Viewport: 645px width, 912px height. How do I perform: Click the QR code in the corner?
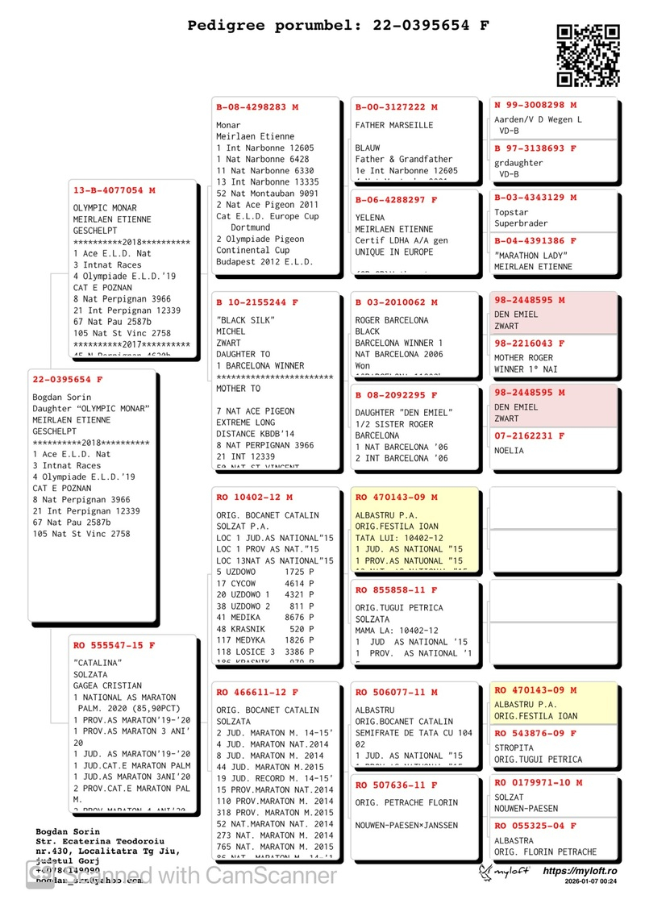(x=589, y=55)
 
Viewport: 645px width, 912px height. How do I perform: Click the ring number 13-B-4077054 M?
(x=114, y=190)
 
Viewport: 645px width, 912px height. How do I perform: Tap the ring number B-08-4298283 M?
(x=257, y=106)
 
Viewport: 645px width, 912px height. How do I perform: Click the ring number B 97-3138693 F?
(x=535, y=148)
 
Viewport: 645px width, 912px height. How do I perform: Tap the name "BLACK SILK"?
(x=243, y=320)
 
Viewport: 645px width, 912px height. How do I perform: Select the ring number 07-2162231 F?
(x=530, y=436)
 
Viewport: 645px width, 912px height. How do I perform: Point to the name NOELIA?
(x=509, y=451)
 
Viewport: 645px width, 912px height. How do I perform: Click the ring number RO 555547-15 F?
(x=114, y=645)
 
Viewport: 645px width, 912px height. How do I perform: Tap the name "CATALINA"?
(x=98, y=663)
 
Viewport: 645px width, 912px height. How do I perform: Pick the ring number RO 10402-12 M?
(x=255, y=498)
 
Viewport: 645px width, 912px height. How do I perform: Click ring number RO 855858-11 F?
(x=397, y=590)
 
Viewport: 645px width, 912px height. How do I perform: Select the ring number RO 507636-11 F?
(x=397, y=785)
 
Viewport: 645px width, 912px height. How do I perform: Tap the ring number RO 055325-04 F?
(x=535, y=826)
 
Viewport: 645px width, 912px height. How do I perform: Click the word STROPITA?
(x=514, y=748)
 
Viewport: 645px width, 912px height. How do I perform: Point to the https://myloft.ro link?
(x=580, y=871)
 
